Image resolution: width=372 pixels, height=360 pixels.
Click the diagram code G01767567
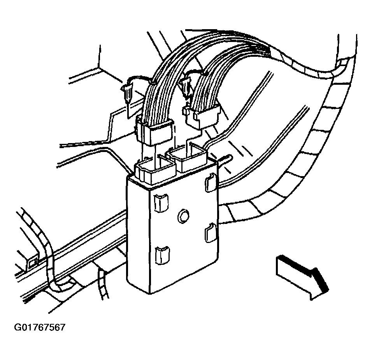pyautogui.click(x=40, y=327)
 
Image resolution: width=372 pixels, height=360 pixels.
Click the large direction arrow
pyautogui.click(x=302, y=278)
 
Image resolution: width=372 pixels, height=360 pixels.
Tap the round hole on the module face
pyautogui.click(x=183, y=216)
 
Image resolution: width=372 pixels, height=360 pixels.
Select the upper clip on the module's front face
pyautogui.click(x=161, y=203)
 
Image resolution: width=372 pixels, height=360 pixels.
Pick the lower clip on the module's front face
pyautogui.click(x=162, y=255)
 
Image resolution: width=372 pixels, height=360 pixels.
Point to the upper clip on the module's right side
pyautogui.click(x=210, y=182)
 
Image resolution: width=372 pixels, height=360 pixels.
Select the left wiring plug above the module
pyautogui.click(x=154, y=131)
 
